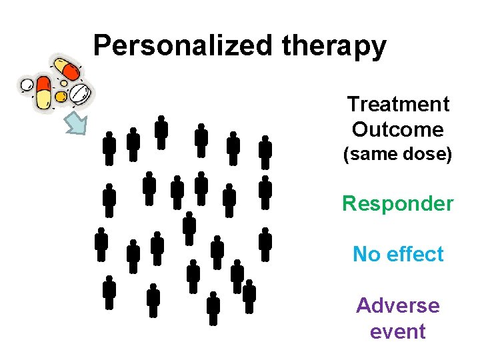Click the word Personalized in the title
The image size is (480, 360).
[x=184, y=46]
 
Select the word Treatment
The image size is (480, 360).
[x=398, y=105]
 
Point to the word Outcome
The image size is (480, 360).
[x=398, y=129]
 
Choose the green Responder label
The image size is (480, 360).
[x=398, y=203]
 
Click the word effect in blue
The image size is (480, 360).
[x=412, y=254]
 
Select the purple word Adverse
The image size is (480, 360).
[x=398, y=305]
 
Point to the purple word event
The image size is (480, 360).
[x=398, y=331]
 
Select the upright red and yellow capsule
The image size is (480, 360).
[x=43, y=93]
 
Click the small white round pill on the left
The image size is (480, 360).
[x=27, y=85]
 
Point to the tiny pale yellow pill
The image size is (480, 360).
[x=63, y=84]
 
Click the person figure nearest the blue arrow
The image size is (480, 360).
[x=109, y=147]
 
